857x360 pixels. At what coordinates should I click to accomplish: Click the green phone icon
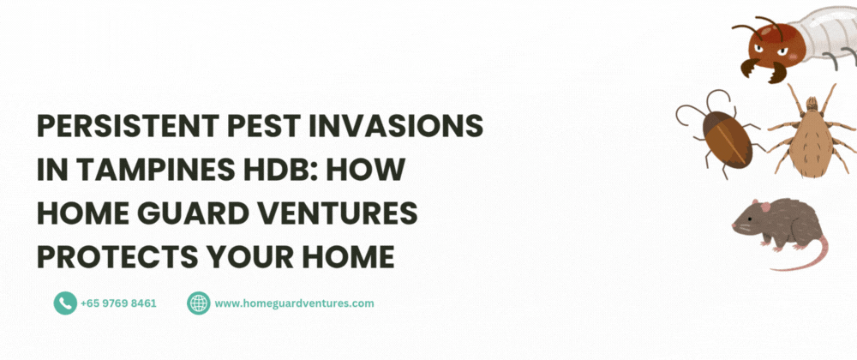tap(65, 303)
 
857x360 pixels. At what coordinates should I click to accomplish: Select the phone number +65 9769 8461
tap(118, 303)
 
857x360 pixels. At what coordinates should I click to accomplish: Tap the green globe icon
tap(199, 303)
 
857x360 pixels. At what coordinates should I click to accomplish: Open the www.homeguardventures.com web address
tap(294, 303)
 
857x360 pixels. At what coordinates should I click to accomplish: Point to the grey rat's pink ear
tap(765, 207)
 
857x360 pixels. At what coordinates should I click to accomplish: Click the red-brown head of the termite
tap(771, 46)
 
